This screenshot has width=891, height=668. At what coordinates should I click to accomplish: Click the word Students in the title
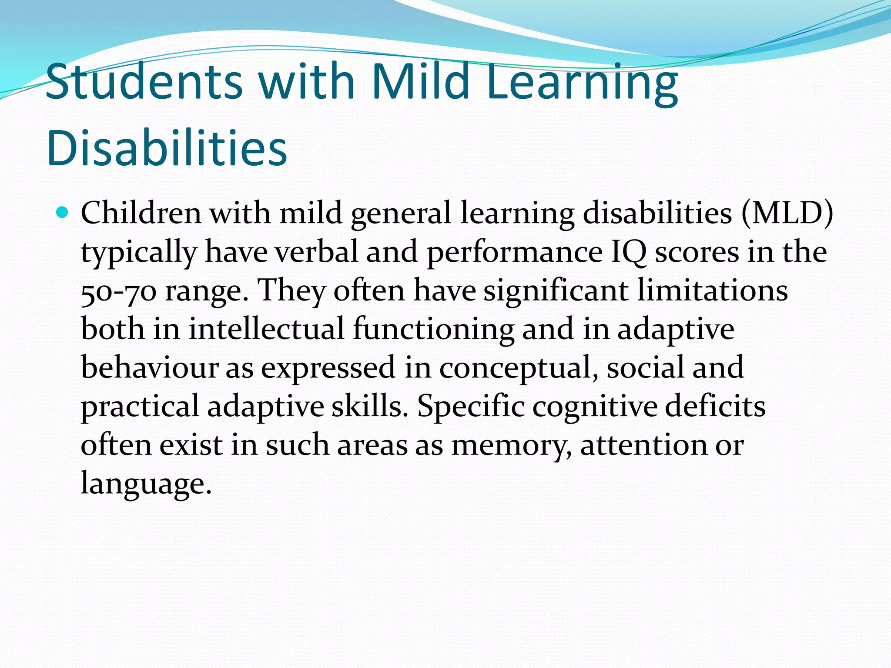click(x=144, y=82)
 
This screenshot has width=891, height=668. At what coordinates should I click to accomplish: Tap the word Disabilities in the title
click(x=167, y=148)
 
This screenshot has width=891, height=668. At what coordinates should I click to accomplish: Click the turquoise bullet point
click(x=63, y=213)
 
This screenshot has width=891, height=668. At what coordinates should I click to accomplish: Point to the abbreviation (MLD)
click(x=787, y=213)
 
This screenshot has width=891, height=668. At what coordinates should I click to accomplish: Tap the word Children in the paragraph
click(x=141, y=213)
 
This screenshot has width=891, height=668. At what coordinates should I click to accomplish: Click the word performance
click(x=514, y=252)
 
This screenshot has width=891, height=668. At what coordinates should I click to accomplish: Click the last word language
click(x=146, y=484)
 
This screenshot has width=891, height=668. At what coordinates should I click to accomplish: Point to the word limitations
click(x=712, y=291)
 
